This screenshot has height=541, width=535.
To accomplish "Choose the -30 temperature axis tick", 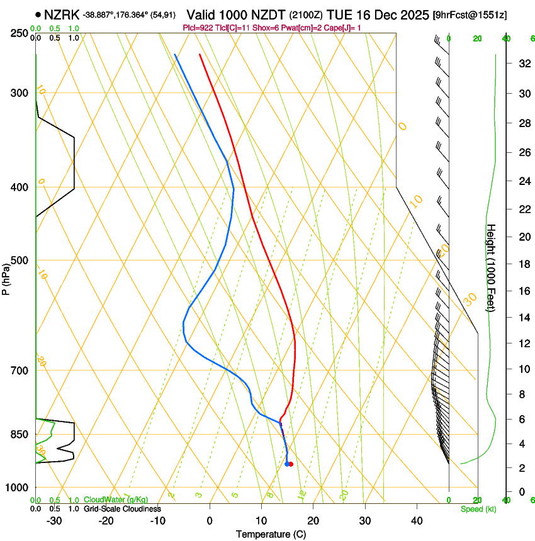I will [x=54, y=521].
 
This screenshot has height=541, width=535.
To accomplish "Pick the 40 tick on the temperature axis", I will [x=416, y=521].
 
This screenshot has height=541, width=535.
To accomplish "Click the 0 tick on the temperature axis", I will [x=210, y=521].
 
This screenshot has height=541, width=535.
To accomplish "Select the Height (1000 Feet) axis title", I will [x=492, y=267].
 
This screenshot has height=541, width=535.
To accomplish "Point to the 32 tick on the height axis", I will [x=523, y=64].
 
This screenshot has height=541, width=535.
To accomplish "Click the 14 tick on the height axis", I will [x=523, y=318].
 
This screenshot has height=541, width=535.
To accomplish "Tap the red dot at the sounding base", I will [x=291, y=464].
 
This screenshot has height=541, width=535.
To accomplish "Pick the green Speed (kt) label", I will [x=478, y=509].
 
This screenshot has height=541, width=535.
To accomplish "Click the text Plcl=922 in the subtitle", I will [x=196, y=28].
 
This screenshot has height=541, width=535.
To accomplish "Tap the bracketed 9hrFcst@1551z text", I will [x=471, y=14].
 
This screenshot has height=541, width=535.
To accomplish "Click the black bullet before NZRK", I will [x=39, y=14].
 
